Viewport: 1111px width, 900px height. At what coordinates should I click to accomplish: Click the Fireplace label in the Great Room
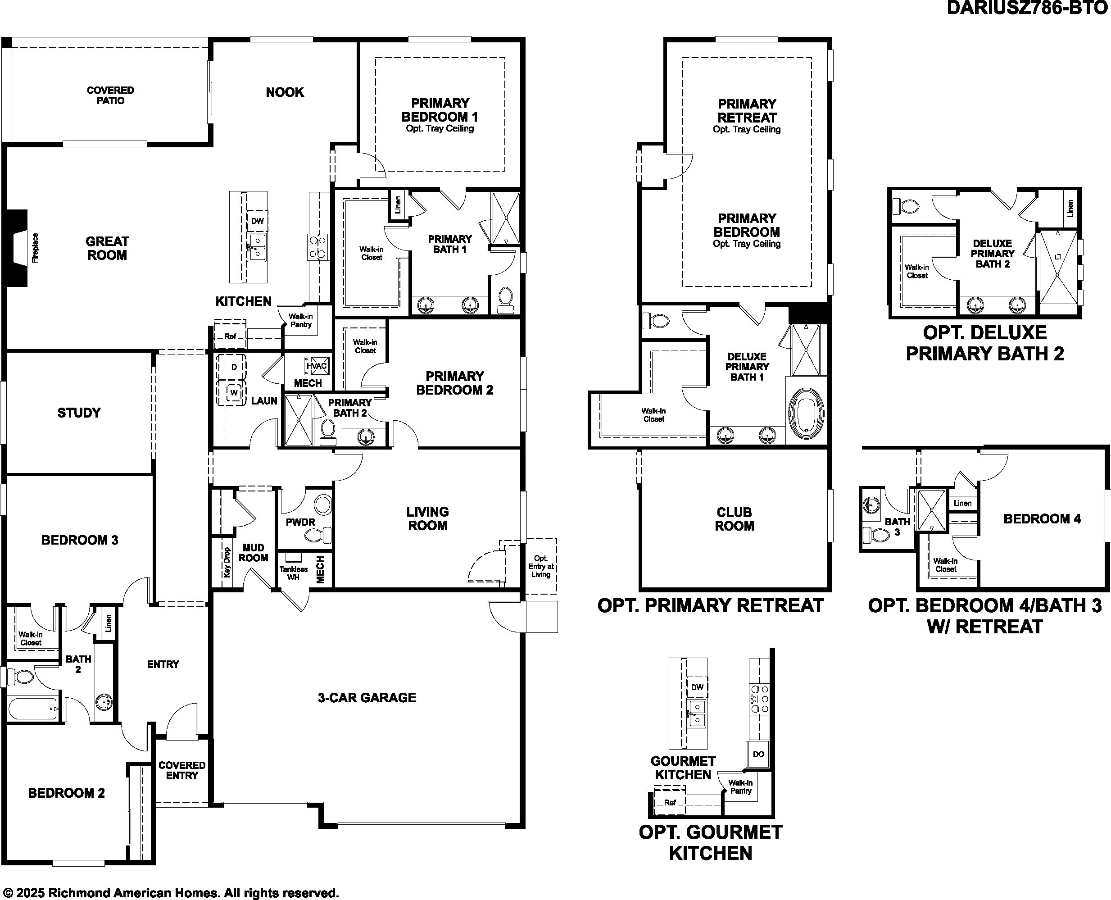coord(35,248)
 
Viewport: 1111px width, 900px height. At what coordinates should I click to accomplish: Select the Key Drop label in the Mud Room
coord(227,563)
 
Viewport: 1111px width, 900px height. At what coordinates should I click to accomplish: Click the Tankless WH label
coord(293,573)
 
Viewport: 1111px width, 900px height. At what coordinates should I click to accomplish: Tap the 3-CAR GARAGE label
coord(367,698)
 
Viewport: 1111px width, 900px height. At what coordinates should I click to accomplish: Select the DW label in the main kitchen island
coord(258,221)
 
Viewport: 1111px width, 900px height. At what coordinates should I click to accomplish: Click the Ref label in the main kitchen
coord(230,336)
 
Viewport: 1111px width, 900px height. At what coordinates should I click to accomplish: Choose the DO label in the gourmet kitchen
coord(758,754)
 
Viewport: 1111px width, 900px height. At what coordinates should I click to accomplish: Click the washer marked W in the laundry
coord(234,392)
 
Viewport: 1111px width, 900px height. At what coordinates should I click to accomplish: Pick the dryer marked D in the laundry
coord(234,367)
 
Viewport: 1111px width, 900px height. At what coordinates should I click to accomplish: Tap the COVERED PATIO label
coord(110,95)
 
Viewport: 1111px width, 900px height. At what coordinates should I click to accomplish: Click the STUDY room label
coord(79,413)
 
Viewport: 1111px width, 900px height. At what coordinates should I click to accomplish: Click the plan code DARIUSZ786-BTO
coord(1027,8)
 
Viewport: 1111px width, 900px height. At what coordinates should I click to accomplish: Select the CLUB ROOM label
coord(734,519)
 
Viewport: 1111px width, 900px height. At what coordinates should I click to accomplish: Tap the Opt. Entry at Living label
coord(540,566)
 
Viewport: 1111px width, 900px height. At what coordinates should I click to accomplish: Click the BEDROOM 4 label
coord(1042,519)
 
